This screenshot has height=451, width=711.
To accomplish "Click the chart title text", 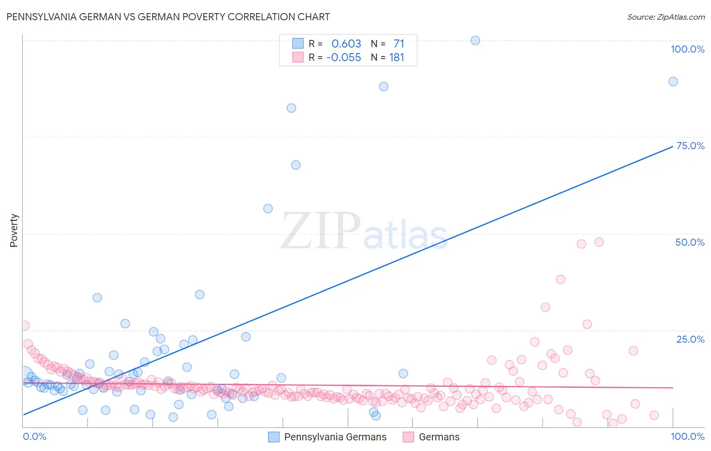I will point(168,17).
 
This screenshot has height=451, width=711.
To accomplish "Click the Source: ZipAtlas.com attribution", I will point(665,17).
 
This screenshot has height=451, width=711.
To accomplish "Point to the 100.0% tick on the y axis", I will point(687,49).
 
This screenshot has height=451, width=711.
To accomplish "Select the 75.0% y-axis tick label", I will point(690,146).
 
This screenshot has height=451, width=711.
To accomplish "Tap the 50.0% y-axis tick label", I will point(690,242).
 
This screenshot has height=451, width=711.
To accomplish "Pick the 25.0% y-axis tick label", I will point(690,339).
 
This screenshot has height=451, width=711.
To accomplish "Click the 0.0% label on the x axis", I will point(34,436).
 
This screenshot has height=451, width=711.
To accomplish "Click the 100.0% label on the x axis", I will point(687,436).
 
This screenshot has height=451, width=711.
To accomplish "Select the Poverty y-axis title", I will point(14,231).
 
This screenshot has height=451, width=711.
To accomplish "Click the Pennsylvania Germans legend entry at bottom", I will point(335,437).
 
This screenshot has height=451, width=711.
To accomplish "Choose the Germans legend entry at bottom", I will point(439,437).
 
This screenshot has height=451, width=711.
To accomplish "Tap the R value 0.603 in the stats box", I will point(346,43).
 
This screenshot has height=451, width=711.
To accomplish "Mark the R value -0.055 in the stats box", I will point(343,57).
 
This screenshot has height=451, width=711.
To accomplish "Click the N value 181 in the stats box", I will point(396,57).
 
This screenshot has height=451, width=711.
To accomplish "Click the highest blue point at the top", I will point(475,40).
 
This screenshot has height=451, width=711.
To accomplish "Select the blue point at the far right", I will point(673,81).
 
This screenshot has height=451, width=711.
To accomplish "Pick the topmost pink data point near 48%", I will point(599,242).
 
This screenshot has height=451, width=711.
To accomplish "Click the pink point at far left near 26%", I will point(25,326).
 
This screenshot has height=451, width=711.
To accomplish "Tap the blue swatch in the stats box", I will point(298,43).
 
